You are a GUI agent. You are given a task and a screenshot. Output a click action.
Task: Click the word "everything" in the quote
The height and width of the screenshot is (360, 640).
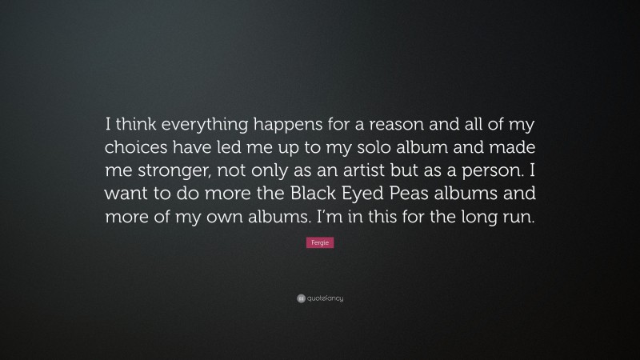coord(200,125)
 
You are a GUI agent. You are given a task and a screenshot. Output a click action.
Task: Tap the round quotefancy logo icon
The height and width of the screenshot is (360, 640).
coord(301,298)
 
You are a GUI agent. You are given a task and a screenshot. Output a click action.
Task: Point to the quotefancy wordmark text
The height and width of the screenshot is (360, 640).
coord(325,298)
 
